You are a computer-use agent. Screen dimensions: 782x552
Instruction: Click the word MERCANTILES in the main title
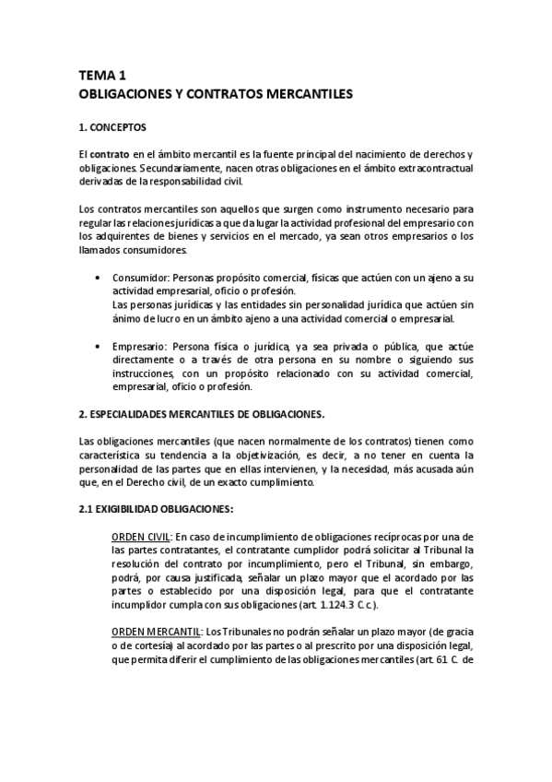point(303,94)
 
